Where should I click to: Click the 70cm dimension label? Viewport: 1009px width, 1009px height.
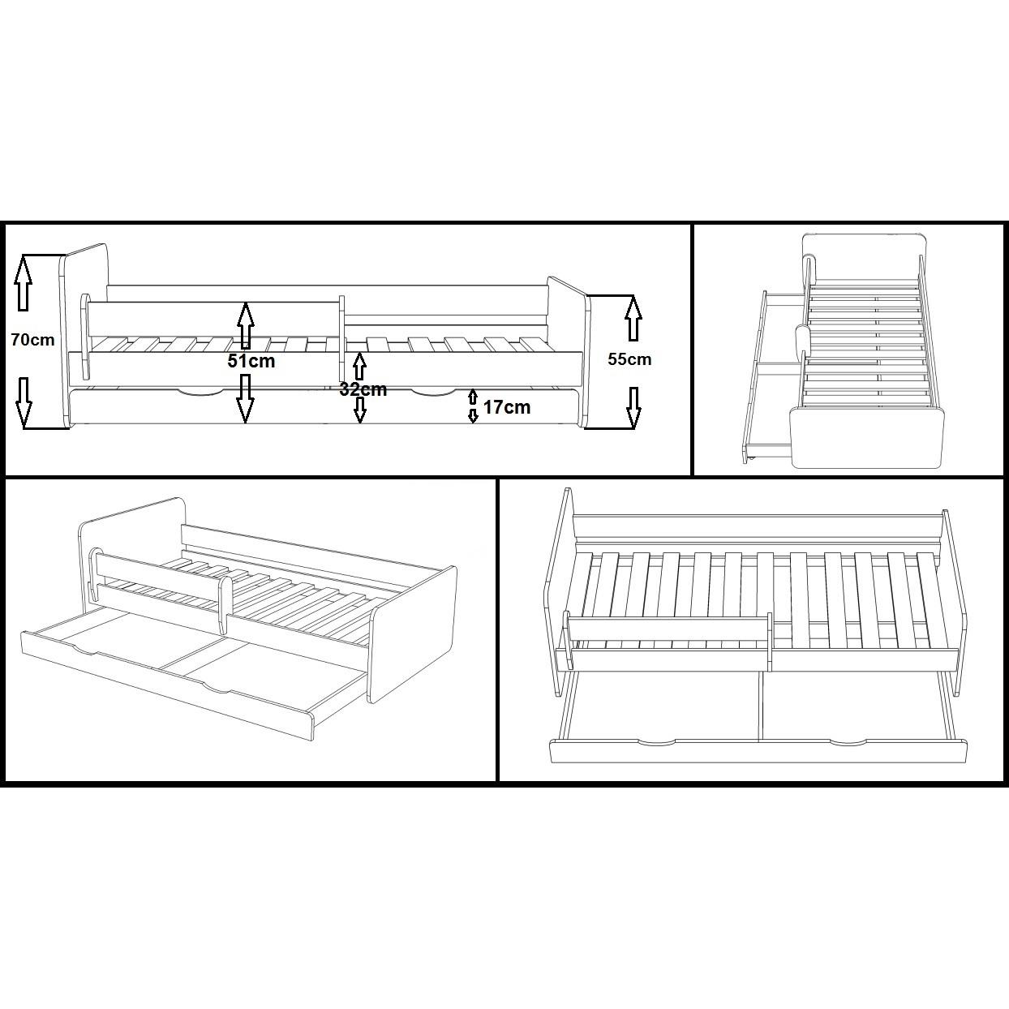point(32,340)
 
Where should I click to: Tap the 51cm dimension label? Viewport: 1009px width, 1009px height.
point(251,361)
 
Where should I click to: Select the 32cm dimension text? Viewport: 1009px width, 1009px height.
point(363,389)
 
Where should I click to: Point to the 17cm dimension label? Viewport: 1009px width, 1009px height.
point(506,407)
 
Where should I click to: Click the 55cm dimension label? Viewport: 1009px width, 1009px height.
point(629,359)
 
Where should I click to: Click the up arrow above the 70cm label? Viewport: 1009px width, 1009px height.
point(23,282)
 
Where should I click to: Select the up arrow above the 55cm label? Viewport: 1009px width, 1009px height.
point(633,318)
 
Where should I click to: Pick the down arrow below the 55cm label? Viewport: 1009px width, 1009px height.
point(633,407)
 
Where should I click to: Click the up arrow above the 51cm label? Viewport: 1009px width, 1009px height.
point(246,325)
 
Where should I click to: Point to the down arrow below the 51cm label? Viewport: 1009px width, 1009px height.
point(245,398)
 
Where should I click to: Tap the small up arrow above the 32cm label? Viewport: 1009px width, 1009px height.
point(359,367)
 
